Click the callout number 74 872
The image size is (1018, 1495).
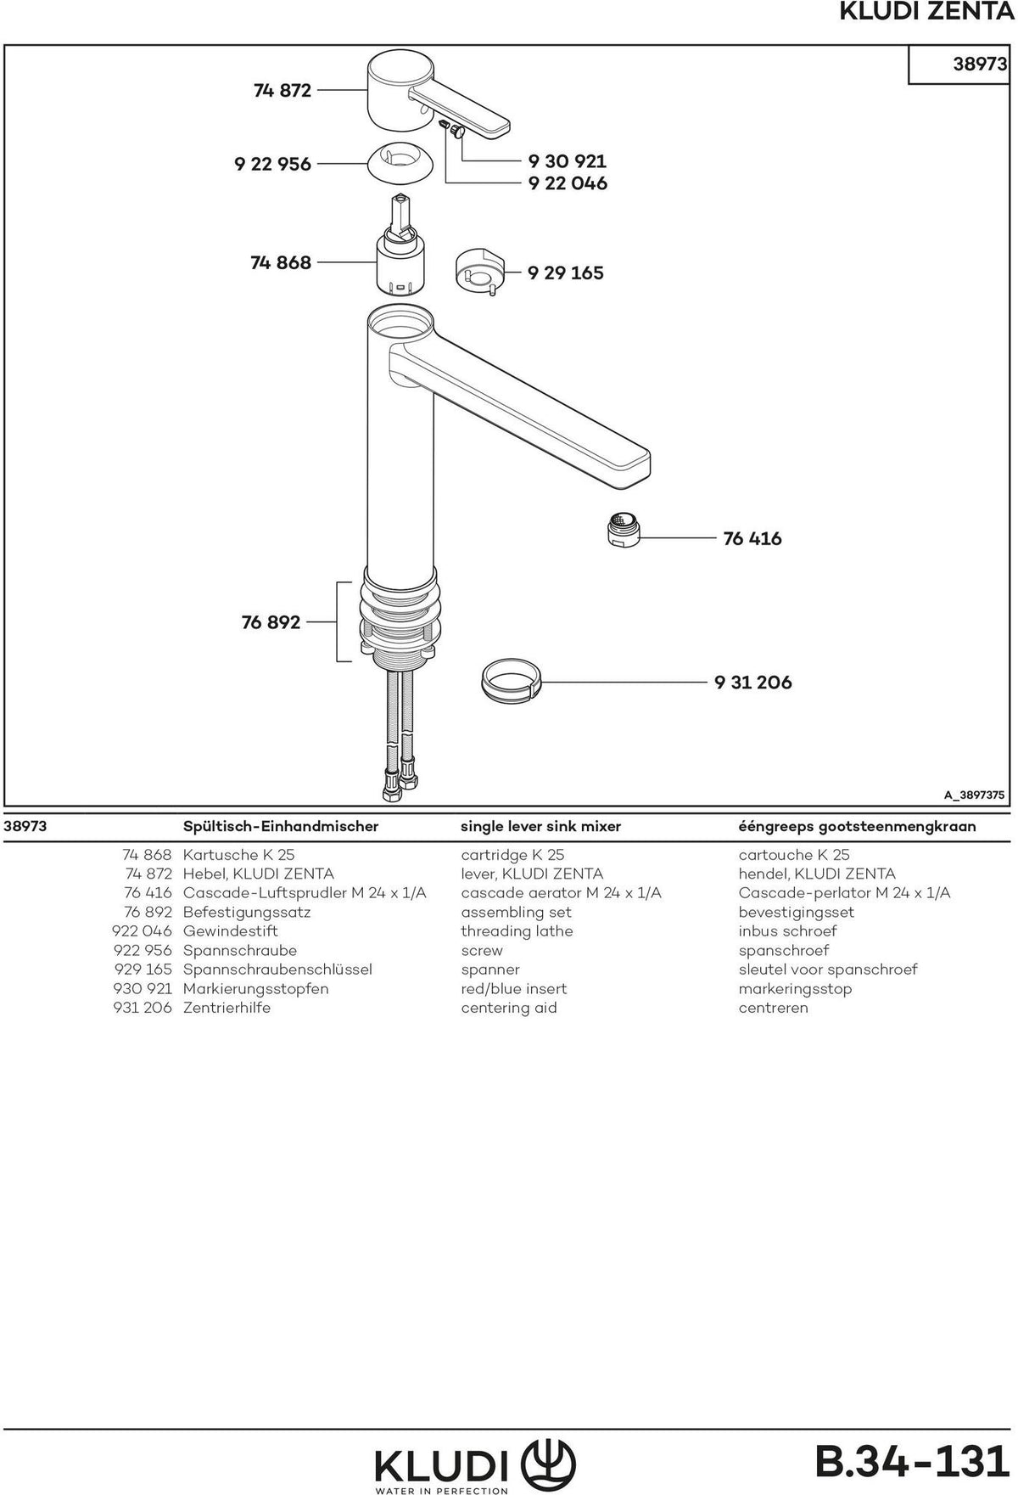[x=282, y=90]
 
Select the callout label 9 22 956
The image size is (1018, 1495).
[x=273, y=164]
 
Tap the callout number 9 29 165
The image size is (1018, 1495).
[x=566, y=273]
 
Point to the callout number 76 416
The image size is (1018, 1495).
[x=752, y=538]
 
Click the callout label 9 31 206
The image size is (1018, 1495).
[x=753, y=682]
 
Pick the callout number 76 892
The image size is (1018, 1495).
[x=271, y=622]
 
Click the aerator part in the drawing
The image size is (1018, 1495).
[x=624, y=530]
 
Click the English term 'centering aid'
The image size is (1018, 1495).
[x=509, y=1008]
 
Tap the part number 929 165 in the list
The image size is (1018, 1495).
[x=143, y=970]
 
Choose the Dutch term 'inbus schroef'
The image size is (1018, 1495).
[x=787, y=931]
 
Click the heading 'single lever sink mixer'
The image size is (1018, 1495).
[x=541, y=826]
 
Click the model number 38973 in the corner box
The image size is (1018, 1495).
[x=980, y=64]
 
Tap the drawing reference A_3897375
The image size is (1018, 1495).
[x=975, y=795]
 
